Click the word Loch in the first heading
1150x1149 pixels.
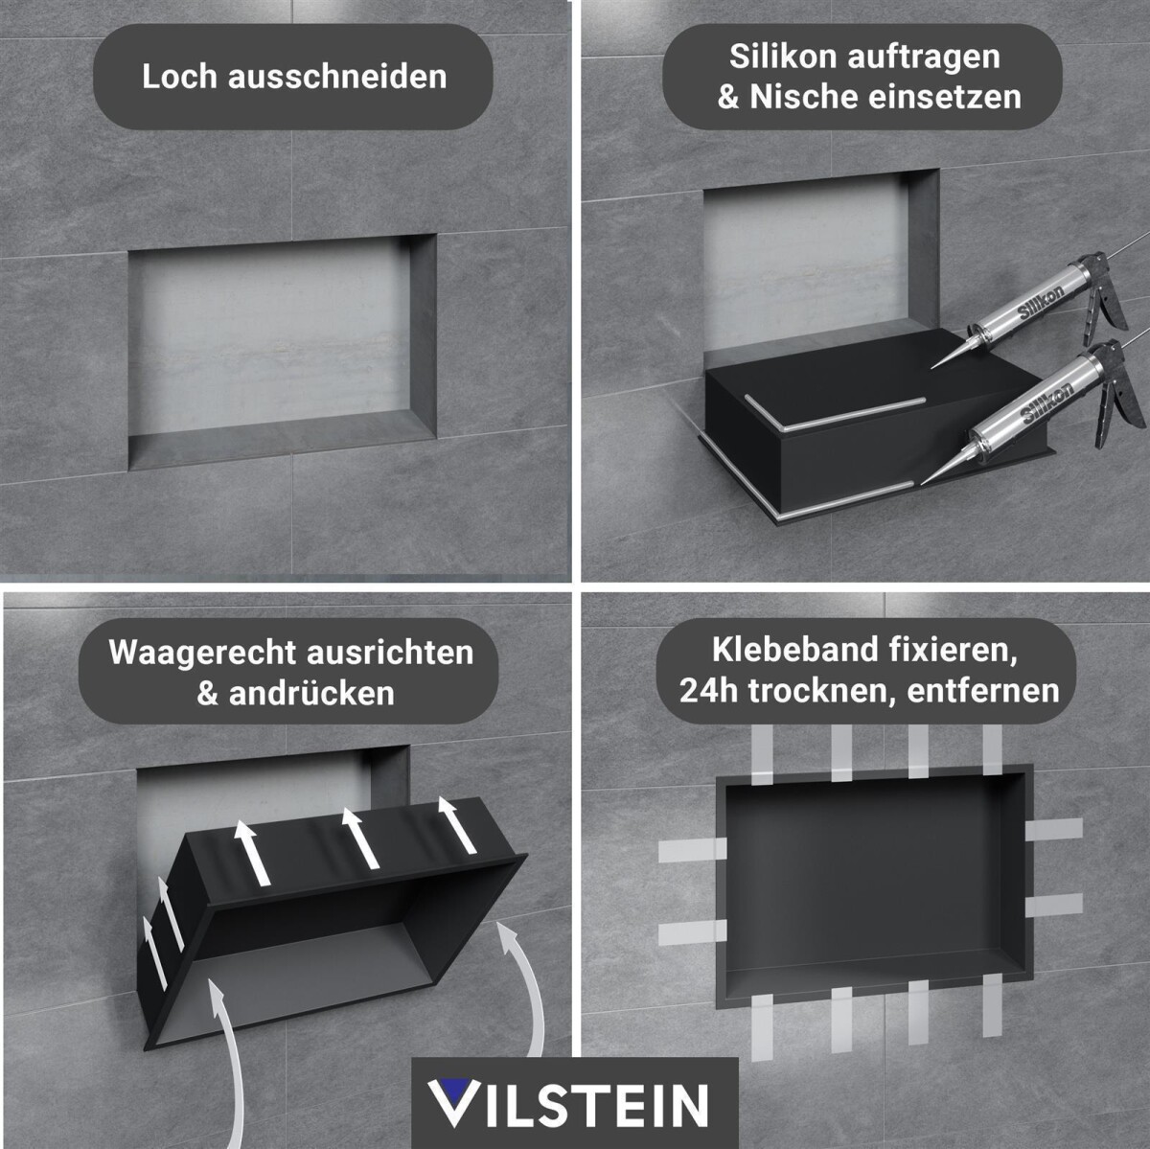point(178,77)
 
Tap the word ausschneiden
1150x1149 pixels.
point(337,77)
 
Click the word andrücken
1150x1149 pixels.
point(310,694)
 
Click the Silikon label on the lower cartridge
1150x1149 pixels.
point(1047,404)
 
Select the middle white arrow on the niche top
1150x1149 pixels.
point(360,838)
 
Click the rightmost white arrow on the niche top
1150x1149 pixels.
point(457,825)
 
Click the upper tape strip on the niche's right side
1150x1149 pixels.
point(1054,830)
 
